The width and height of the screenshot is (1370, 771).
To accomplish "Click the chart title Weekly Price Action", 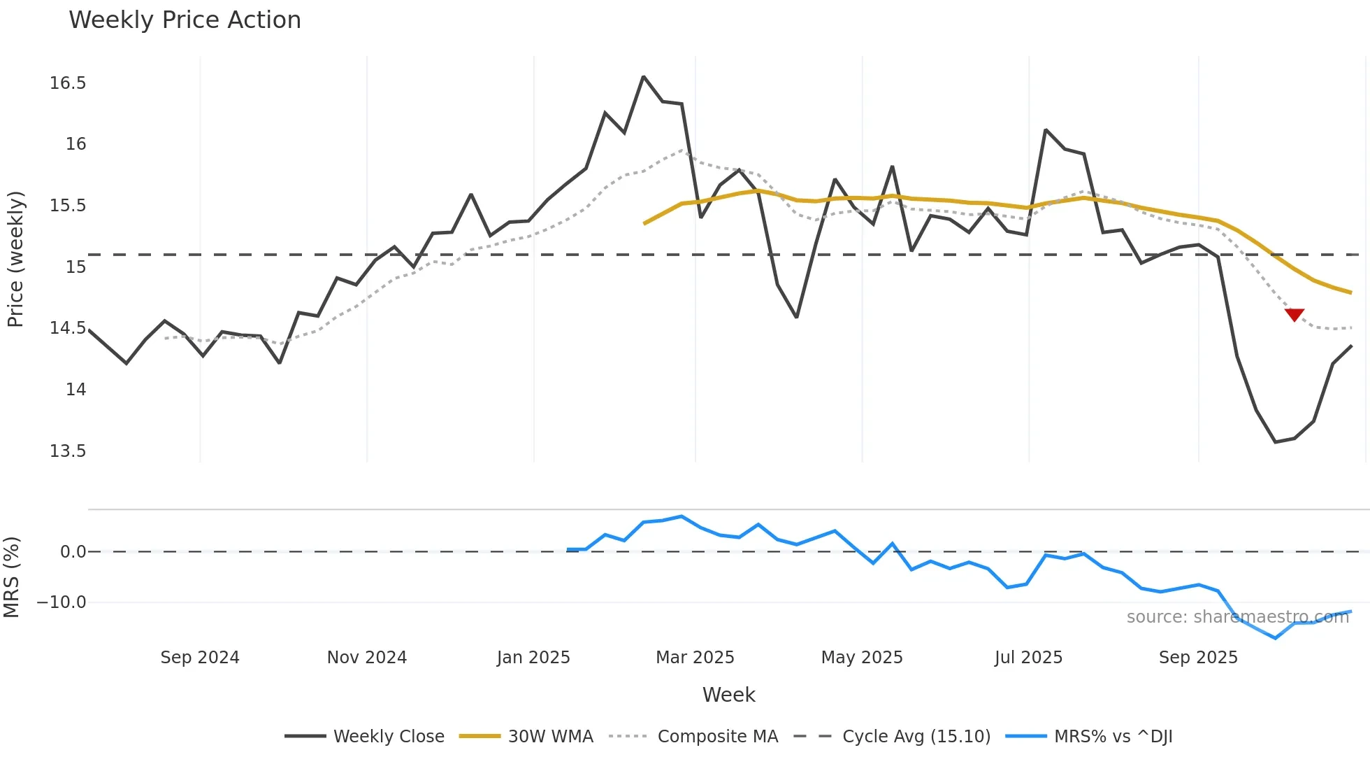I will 185,20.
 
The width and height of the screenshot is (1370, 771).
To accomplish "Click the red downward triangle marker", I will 1295,315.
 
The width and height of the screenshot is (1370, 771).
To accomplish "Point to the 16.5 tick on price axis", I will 68,83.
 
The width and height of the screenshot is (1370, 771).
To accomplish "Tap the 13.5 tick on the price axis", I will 68,451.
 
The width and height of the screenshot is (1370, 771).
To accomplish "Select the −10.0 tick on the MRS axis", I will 62,602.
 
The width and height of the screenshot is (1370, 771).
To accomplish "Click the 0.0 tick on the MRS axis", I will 73,552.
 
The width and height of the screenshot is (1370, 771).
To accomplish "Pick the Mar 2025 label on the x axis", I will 695,658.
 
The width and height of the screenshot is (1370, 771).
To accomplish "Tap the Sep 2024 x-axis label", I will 200,658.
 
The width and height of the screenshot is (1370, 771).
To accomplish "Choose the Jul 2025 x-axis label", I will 1028,658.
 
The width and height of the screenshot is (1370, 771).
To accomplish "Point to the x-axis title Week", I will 728,695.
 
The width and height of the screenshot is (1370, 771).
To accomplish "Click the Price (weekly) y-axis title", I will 15,259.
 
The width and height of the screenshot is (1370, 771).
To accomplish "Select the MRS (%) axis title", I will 11,577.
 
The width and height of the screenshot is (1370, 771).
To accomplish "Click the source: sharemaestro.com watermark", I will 1237,617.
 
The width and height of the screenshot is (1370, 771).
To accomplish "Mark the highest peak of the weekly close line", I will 643,76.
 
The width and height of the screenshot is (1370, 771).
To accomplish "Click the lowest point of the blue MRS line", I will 1275,638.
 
